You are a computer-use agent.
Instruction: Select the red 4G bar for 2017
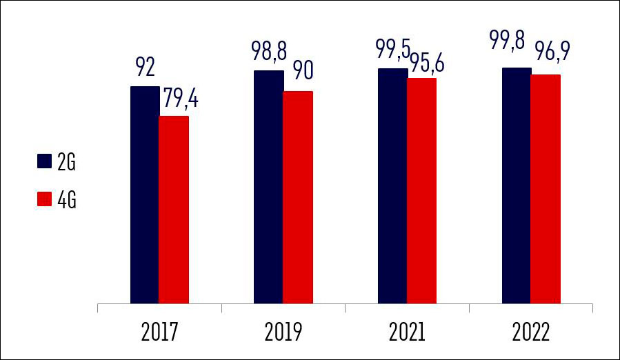(x=174, y=210)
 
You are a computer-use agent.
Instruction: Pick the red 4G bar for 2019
(x=298, y=197)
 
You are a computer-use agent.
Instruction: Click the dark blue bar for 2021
(x=392, y=186)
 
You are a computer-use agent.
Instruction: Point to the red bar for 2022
(x=546, y=189)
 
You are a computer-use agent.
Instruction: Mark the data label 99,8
(x=515, y=50)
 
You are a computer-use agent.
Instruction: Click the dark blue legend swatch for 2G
(x=44, y=161)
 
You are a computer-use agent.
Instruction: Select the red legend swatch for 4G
(x=44, y=200)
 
